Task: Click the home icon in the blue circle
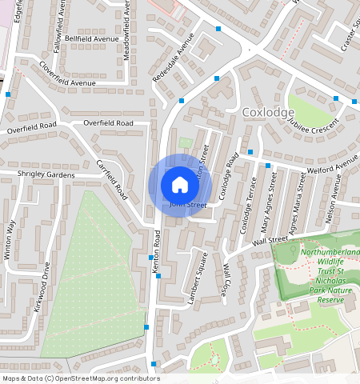click(x=180, y=186)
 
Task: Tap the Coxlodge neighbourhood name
click(x=266, y=112)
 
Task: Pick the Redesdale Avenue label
click(x=174, y=62)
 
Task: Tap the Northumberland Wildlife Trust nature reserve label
click(x=329, y=276)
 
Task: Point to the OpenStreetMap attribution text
click(x=81, y=378)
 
